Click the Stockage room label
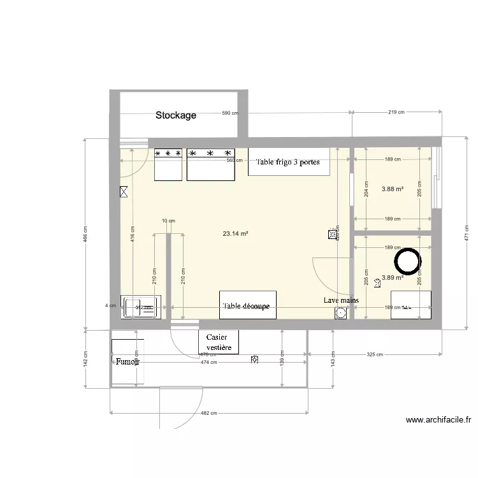176,115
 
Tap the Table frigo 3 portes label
292,162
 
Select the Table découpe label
247,307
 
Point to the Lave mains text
341,300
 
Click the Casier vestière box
218,343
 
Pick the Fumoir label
127,361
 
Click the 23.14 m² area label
235,234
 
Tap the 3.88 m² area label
393,189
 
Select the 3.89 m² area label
393,278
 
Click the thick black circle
407,260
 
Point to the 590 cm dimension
229,113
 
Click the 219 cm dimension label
396,112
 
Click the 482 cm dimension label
208,413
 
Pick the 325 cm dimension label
375,354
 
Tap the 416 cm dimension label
131,235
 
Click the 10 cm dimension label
168,221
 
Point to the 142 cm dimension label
85,358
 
